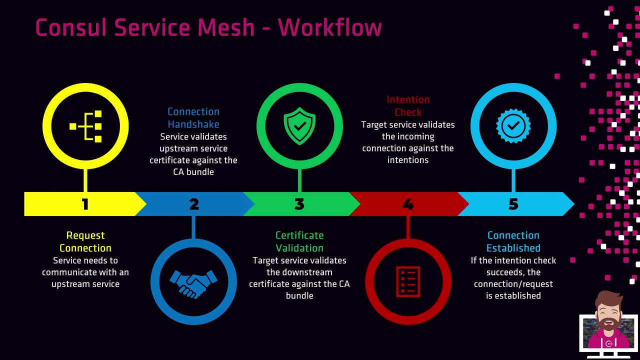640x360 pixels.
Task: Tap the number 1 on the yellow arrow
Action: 85,204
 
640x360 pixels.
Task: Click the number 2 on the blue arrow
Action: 194,204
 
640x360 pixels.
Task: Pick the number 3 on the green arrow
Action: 299,204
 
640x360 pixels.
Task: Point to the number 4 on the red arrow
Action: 408,204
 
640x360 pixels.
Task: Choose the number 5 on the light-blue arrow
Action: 513,204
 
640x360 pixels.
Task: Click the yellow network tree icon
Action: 86,126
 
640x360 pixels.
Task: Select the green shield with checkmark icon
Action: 299,126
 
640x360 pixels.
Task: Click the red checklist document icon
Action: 408,282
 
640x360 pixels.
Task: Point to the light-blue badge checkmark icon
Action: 513,126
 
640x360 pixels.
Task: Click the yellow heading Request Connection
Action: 85,241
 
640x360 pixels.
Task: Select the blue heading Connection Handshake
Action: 193,118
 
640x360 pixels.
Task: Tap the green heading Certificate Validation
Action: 299,241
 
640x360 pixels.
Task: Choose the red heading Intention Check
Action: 408,106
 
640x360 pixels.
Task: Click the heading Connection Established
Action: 513,241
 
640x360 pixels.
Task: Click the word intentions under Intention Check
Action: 408,160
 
